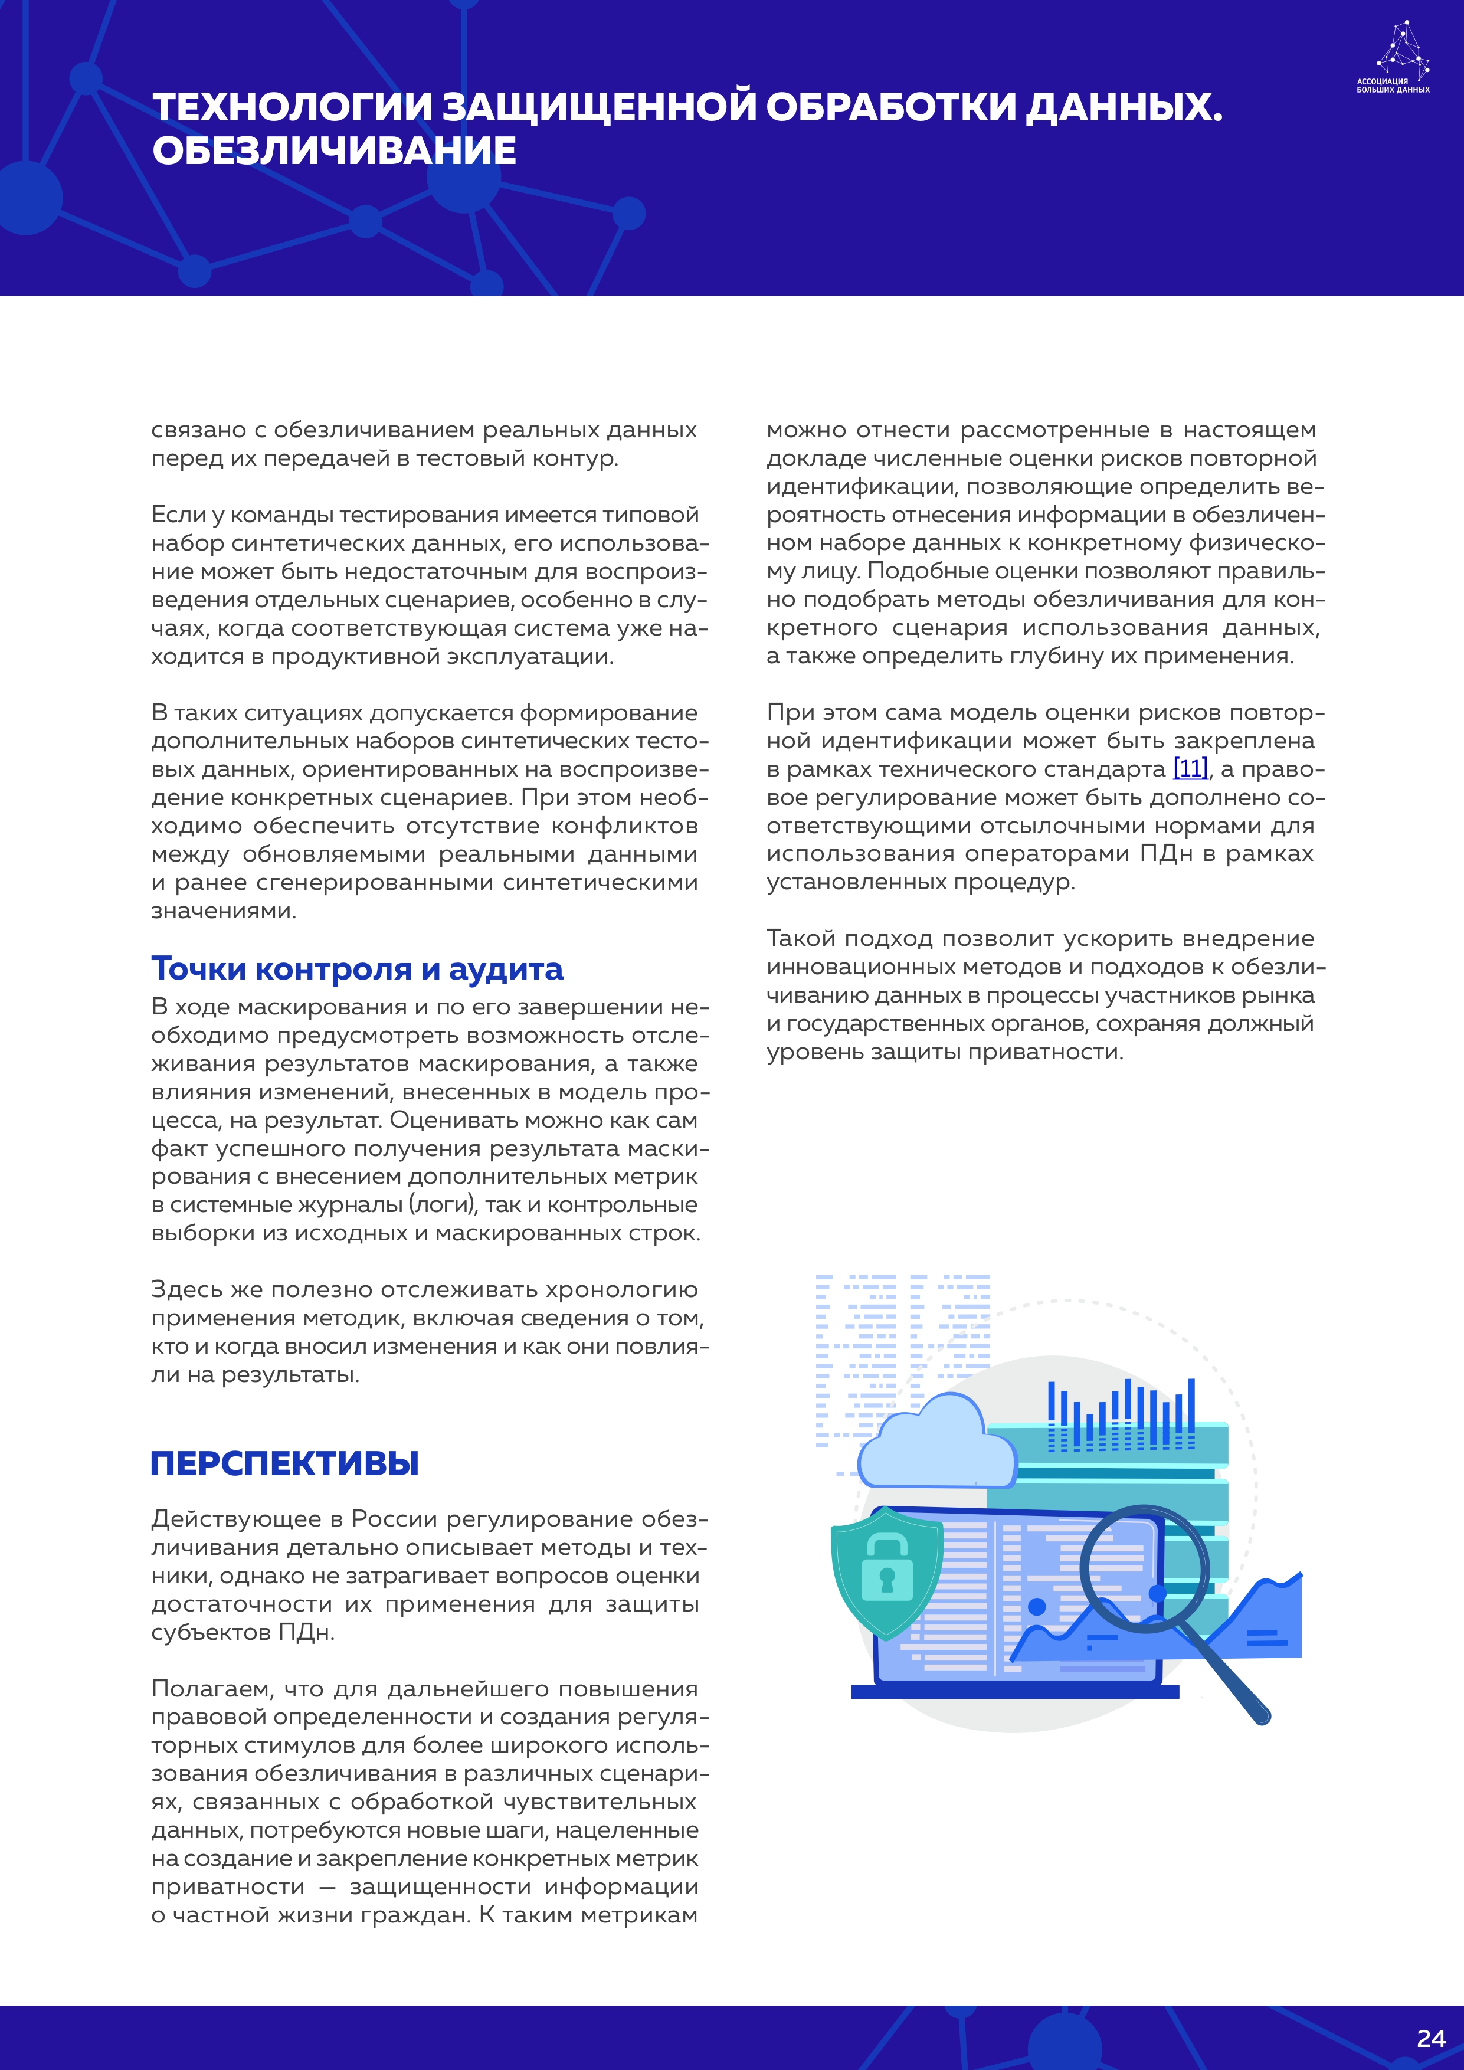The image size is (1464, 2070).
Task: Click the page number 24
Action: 1430,2039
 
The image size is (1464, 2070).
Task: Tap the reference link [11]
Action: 1190,769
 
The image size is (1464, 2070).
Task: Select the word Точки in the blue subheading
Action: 198,969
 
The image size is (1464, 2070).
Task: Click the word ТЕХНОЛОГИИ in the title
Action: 293,107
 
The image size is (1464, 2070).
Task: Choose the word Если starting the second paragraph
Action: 178,515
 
